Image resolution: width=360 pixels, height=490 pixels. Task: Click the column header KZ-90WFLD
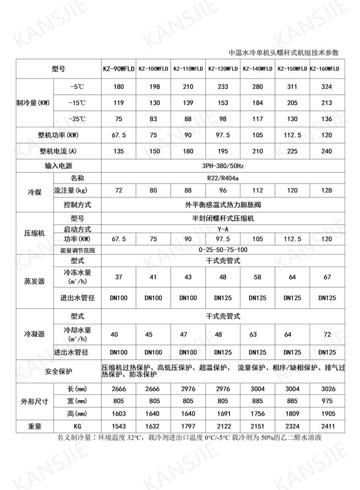pyautogui.click(x=119, y=69)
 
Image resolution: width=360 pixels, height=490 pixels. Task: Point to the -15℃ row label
pyautogui.click(x=77, y=103)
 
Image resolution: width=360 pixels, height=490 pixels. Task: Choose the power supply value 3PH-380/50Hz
pyautogui.click(x=223, y=166)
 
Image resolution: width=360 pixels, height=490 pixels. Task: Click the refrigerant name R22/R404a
pyautogui.click(x=223, y=178)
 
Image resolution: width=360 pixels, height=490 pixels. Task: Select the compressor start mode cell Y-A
pyautogui.click(x=223, y=229)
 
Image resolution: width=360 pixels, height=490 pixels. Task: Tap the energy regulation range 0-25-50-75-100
pyautogui.click(x=223, y=250)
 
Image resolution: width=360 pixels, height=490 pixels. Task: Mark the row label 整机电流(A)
pyautogui.click(x=58, y=151)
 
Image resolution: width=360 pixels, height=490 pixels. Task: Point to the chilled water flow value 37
pyautogui.click(x=119, y=276)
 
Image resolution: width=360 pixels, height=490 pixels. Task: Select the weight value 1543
pyautogui.click(x=119, y=426)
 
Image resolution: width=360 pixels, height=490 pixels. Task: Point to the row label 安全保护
pyautogui.click(x=58, y=371)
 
